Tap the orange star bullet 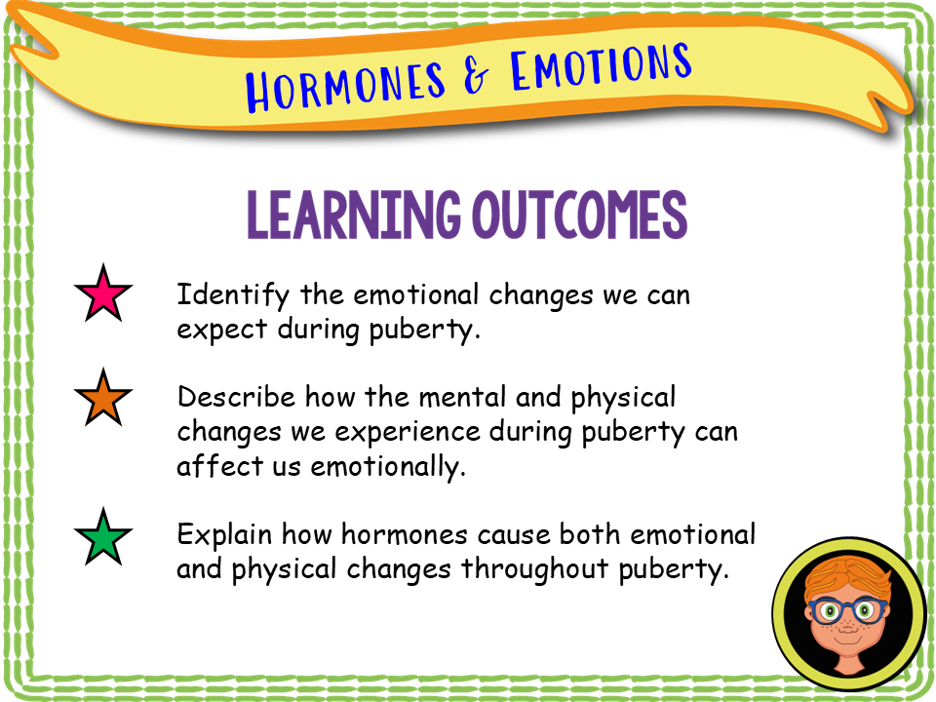click(103, 399)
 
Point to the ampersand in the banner click(477, 75)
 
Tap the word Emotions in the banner click(599, 65)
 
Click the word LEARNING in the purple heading click(352, 215)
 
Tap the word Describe click(236, 398)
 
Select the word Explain click(225, 535)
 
